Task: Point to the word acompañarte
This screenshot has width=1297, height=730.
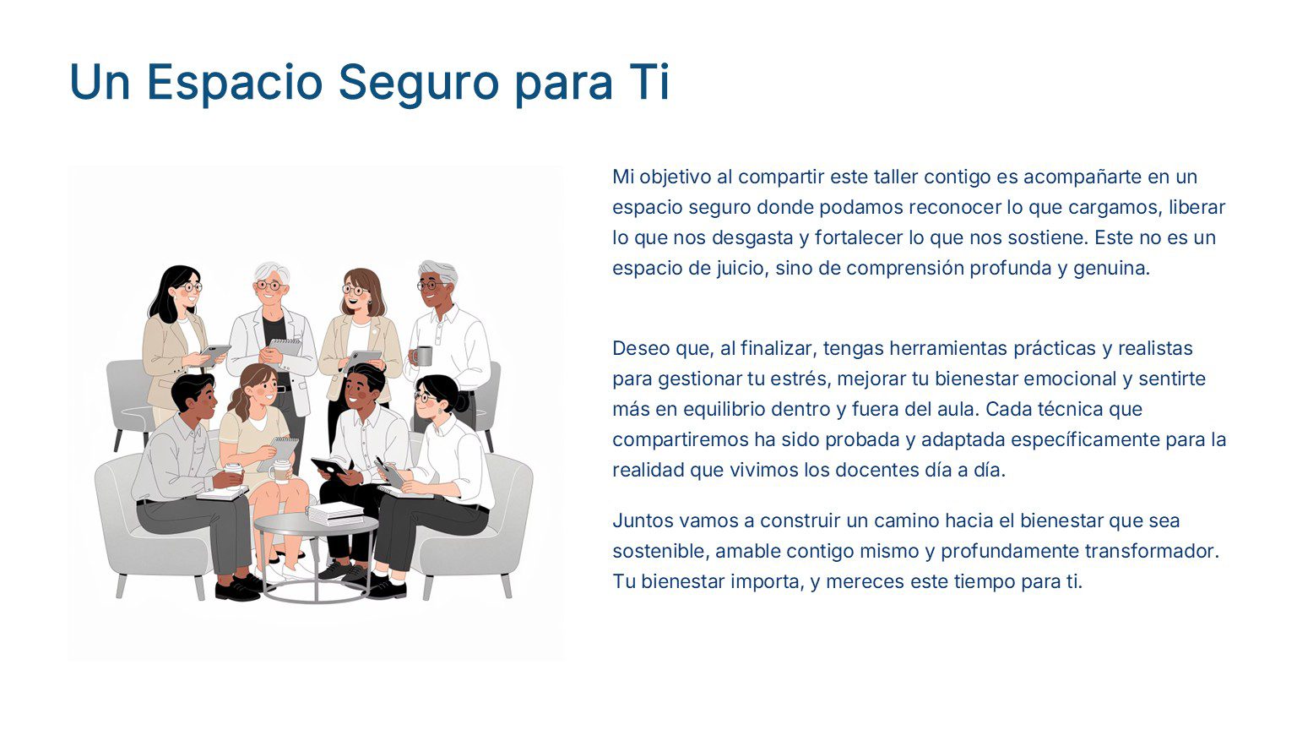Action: click(1075, 177)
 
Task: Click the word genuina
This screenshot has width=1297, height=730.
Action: click(1111, 269)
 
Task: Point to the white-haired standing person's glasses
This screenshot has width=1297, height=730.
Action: click(269, 286)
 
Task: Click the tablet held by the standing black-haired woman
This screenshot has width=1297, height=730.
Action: click(214, 351)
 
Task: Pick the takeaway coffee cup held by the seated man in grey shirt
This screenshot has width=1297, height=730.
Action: click(232, 475)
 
